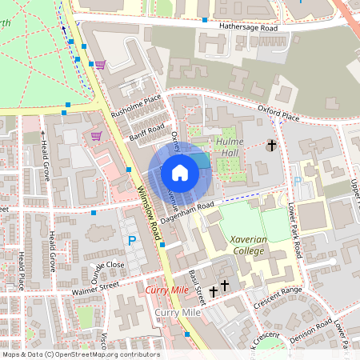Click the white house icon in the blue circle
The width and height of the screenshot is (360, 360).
click(x=179, y=171)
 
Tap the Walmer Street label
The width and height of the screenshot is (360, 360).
click(x=97, y=285)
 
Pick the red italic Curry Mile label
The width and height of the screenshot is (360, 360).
click(x=167, y=290)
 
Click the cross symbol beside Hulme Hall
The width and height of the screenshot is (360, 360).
click(x=272, y=146)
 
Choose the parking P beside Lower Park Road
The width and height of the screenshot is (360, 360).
click(x=298, y=183)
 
